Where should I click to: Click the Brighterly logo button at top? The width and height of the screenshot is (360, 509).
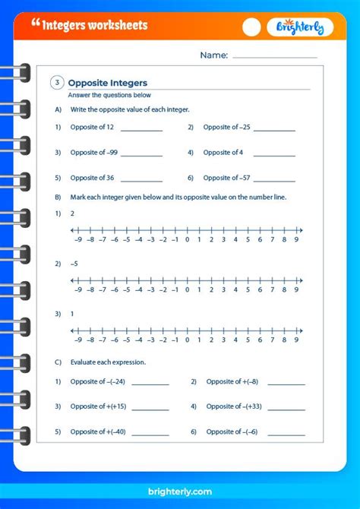pyautogui.click(x=299, y=27)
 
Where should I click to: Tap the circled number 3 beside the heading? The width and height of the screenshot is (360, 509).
pyautogui.click(x=57, y=83)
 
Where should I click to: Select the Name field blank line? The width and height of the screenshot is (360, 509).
pyautogui.click(x=275, y=57)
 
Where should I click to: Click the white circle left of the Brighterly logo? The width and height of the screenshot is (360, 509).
pyautogui.click(x=251, y=27)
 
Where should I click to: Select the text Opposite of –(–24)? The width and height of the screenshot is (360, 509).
pyautogui.click(x=98, y=381)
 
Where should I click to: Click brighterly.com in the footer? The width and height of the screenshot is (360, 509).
pyautogui.click(x=179, y=492)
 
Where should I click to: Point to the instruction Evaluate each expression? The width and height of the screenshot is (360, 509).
pyautogui.click(x=108, y=362)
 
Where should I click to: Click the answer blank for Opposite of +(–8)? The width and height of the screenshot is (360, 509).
pyautogui.click(x=285, y=384)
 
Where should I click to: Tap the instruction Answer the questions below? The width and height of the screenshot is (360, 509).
pyautogui.click(x=109, y=95)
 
